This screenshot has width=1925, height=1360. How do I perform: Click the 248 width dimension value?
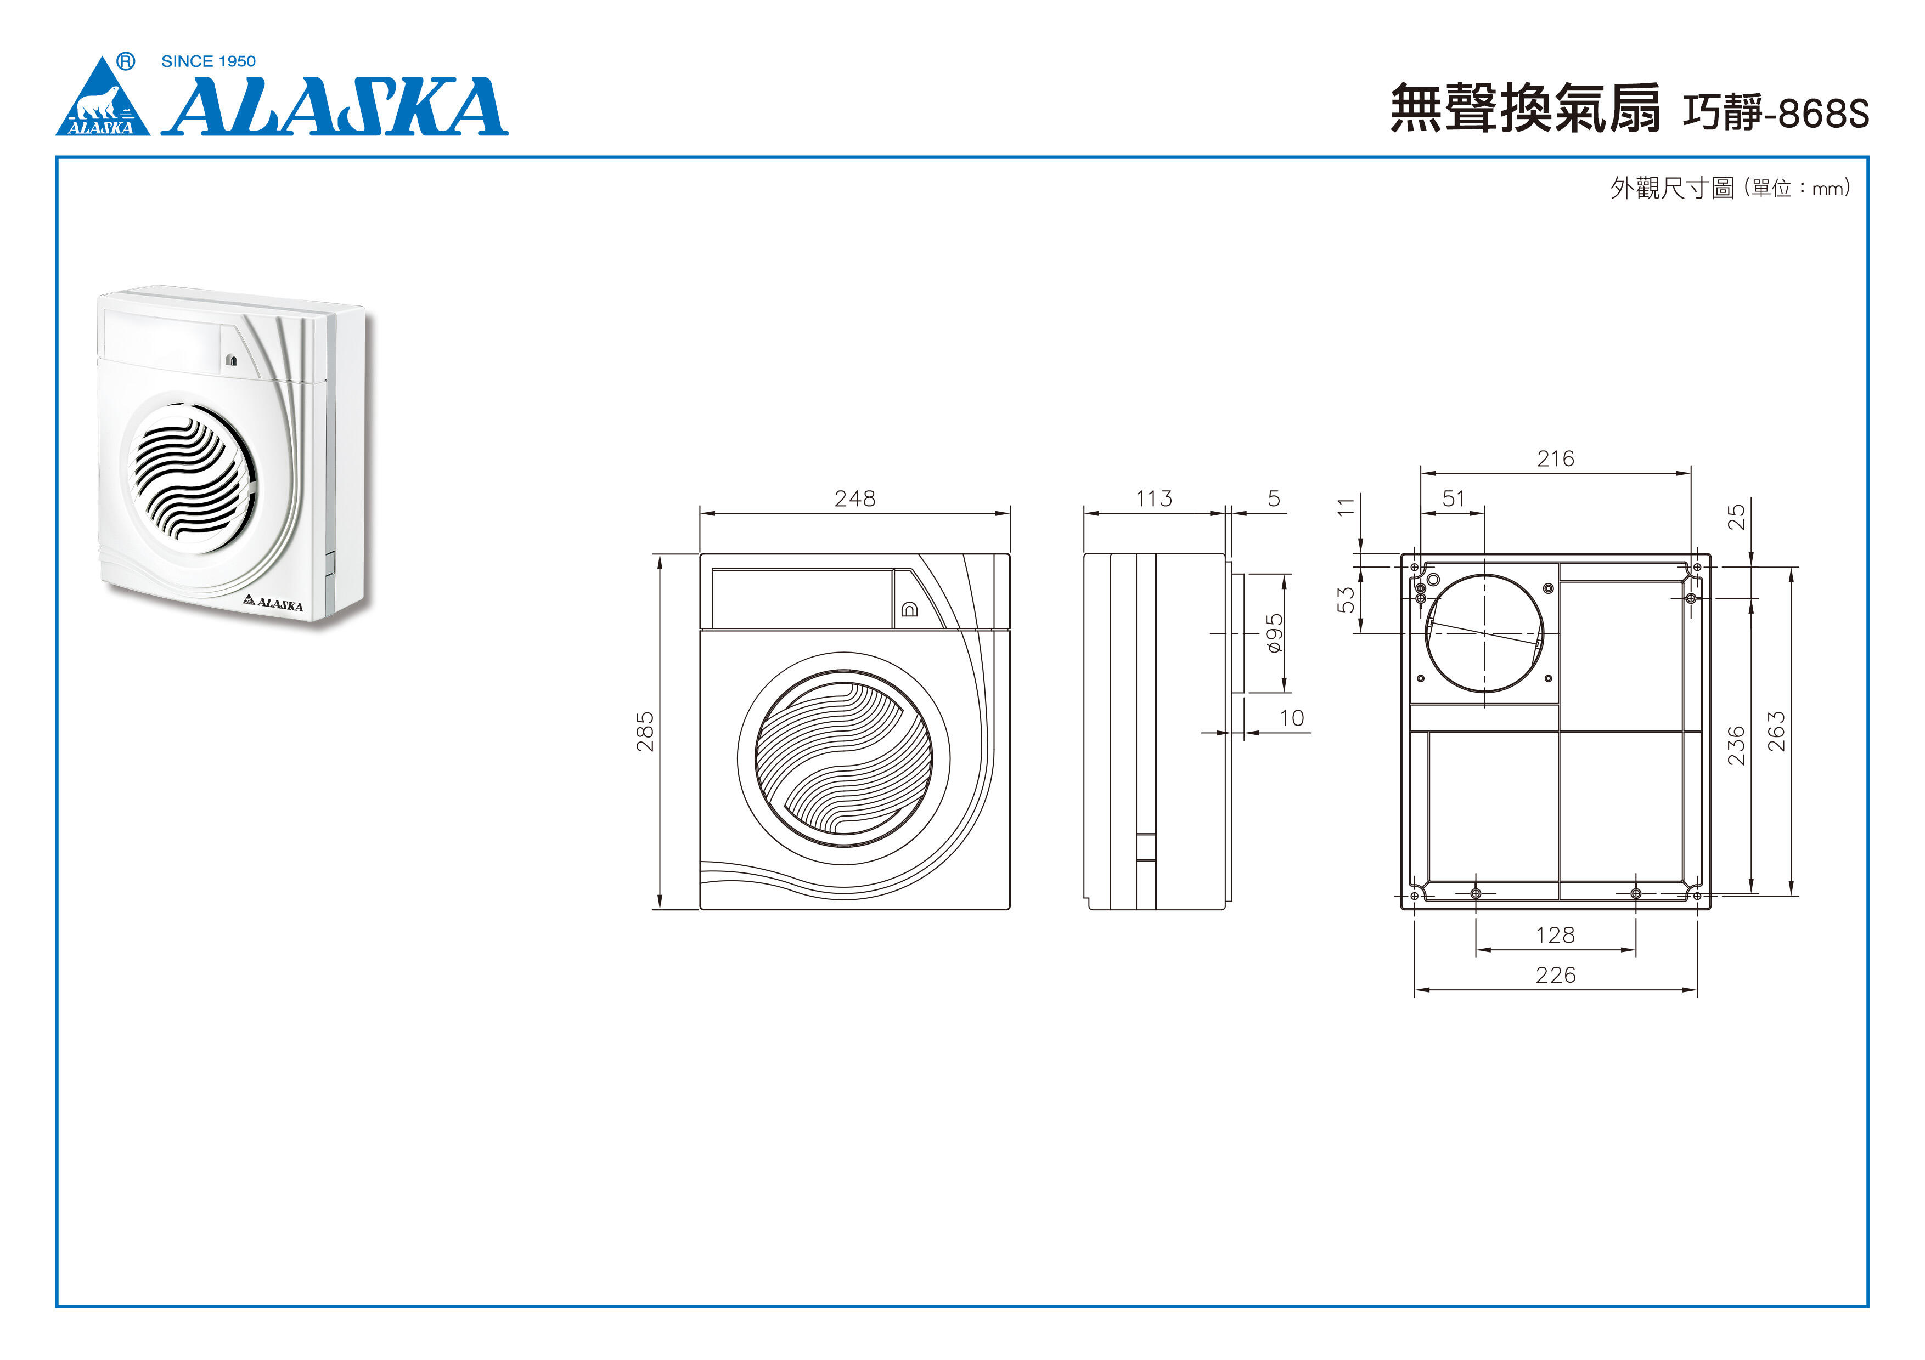(x=854, y=498)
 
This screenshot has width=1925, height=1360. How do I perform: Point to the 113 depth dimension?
(x=1153, y=498)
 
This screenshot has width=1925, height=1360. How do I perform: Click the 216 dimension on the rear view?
(x=1555, y=458)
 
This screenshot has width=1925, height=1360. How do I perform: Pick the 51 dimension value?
(x=1453, y=498)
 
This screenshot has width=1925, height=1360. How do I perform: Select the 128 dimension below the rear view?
(x=1555, y=934)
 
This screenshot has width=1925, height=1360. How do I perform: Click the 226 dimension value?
(x=1555, y=974)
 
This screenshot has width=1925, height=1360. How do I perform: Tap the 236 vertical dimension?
(x=1736, y=746)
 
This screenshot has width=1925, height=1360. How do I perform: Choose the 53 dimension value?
(x=1346, y=599)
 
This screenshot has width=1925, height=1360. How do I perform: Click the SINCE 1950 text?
(x=208, y=61)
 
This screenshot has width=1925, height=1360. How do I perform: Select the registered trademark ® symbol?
(x=126, y=61)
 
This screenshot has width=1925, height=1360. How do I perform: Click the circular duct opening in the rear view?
(x=1484, y=633)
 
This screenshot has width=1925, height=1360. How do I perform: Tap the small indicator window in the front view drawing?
(x=909, y=609)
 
